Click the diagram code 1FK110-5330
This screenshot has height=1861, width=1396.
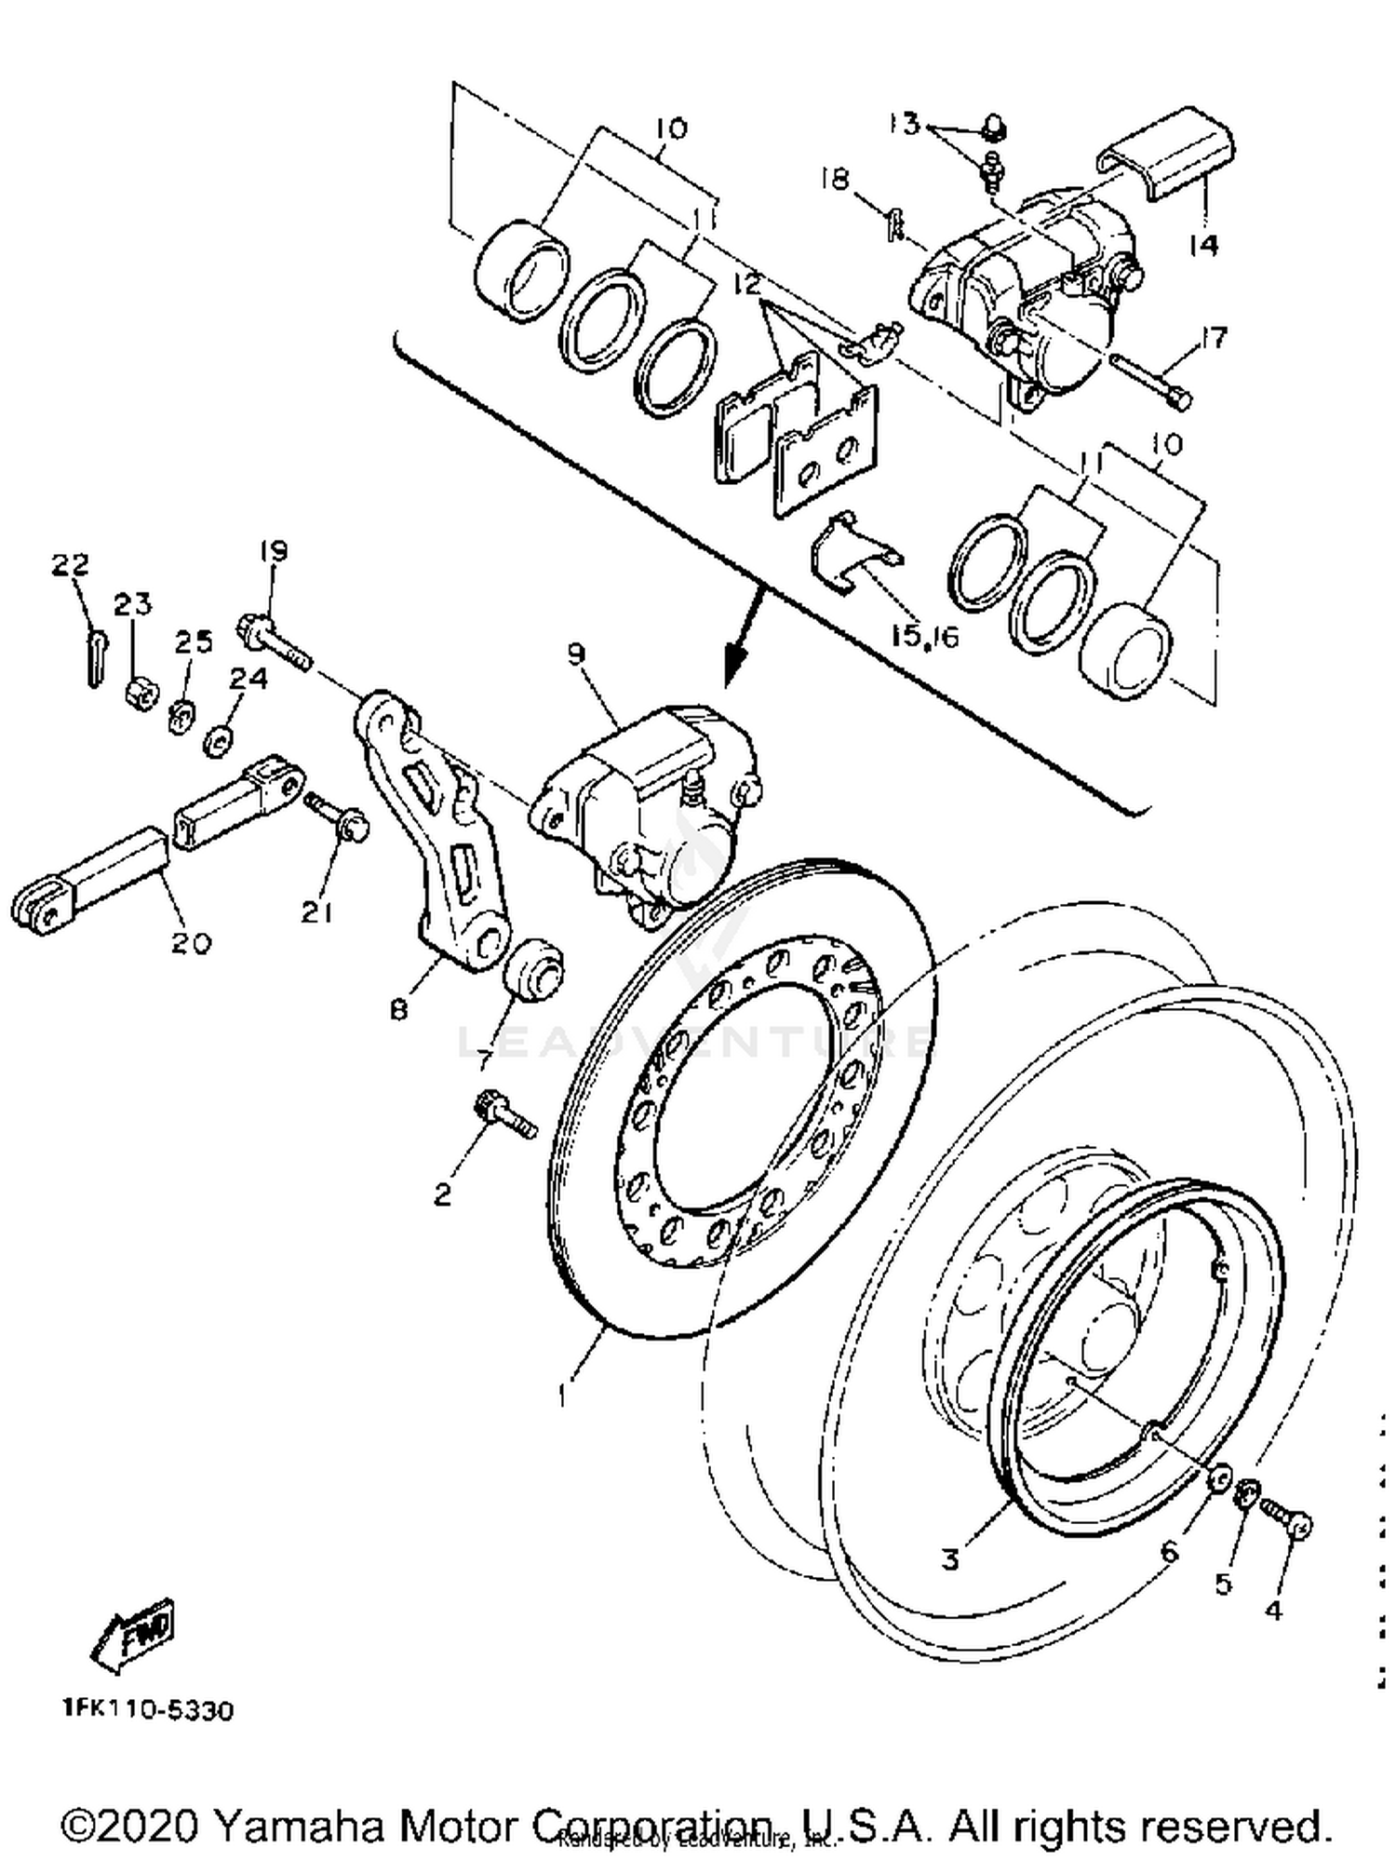coord(148,1710)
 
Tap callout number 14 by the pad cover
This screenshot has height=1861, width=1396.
coord(1203,245)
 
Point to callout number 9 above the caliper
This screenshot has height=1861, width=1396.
coord(577,654)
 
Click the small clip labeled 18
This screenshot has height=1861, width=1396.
coord(894,223)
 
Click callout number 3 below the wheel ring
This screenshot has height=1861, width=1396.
coord(949,1558)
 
